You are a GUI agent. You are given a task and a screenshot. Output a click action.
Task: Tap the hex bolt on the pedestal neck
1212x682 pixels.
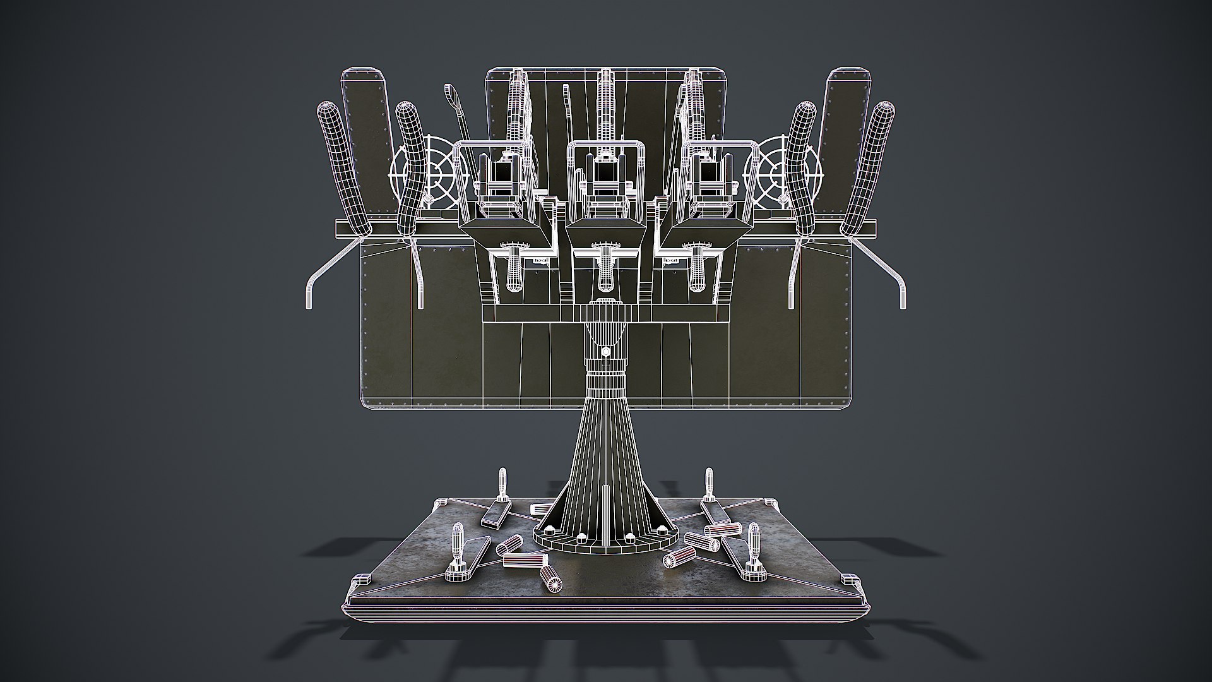605,351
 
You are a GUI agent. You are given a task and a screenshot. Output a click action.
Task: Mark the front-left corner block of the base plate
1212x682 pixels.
361,580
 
